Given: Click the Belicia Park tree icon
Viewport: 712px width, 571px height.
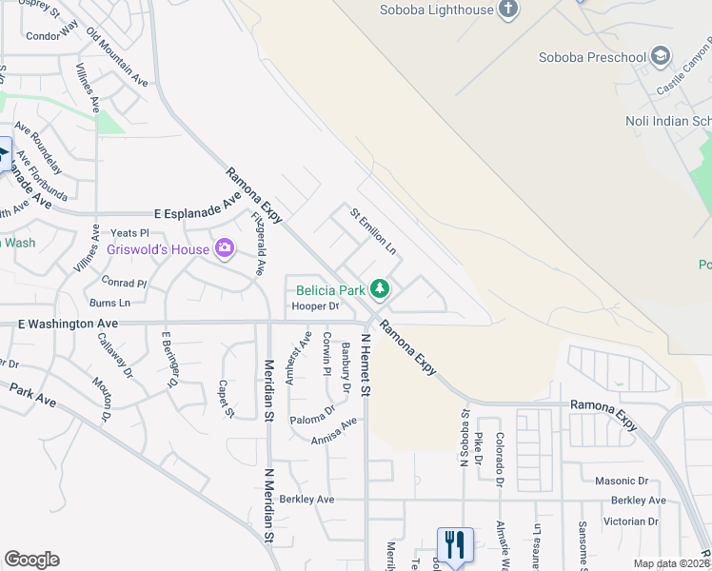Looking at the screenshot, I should (380, 287).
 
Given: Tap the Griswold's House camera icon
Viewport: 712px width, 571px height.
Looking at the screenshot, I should (225, 249).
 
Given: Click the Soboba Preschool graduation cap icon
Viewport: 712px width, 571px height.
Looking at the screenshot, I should (661, 57).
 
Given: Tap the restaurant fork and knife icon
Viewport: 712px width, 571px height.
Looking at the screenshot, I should (455, 546).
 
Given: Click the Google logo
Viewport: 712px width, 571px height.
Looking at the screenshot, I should (31, 560).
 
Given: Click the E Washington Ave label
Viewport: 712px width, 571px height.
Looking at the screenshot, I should (69, 325).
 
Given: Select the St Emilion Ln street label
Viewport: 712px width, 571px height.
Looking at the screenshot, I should (373, 230).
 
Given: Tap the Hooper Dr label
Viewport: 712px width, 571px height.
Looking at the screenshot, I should (315, 306).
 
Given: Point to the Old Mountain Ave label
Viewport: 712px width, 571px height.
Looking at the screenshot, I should (117, 57).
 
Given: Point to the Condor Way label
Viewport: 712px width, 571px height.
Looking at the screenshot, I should (52, 36).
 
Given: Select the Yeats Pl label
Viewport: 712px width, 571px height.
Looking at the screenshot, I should (130, 233).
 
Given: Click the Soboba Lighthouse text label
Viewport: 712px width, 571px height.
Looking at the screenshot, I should (437, 10).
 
